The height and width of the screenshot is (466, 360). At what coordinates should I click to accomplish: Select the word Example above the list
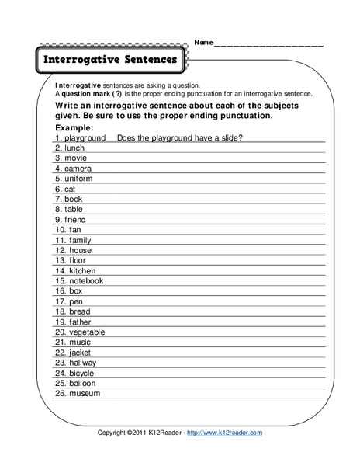[x=75, y=127]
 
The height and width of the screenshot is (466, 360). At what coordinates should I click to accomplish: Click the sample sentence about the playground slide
[x=181, y=137]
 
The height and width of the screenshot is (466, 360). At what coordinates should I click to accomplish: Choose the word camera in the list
[x=78, y=168]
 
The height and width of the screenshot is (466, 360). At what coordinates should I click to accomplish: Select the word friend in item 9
[x=77, y=219]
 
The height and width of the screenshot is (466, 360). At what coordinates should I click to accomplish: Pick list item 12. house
[x=74, y=250]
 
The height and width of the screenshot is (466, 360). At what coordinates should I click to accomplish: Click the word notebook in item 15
[x=85, y=280]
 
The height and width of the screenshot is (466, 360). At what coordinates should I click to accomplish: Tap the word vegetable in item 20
[x=87, y=332]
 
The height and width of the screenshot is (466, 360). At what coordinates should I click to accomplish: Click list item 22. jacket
[x=75, y=352]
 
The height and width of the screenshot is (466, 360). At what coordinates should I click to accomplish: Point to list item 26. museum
[x=78, y=393]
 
